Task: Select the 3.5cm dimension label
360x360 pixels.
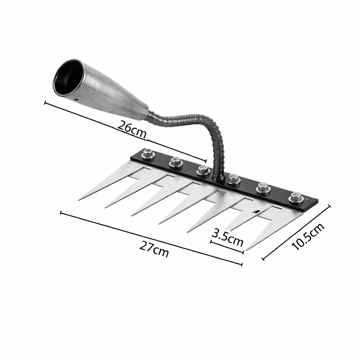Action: coord(228,238)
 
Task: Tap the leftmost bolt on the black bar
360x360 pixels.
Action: coord(148,154)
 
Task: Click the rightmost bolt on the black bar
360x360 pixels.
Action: coord(296,197)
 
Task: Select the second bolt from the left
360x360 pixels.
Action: coord(175,162)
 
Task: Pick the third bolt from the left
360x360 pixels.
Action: coord(204,171)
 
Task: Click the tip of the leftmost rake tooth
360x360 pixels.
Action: coord(79,200)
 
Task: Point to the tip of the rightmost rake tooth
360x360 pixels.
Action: coord(247,250)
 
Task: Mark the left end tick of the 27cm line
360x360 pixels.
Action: coord(61,213)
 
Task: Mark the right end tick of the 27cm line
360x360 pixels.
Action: coord(242,264)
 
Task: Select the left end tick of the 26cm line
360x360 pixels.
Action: coord(45,103)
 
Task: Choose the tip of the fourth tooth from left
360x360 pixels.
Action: coord(159,223)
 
